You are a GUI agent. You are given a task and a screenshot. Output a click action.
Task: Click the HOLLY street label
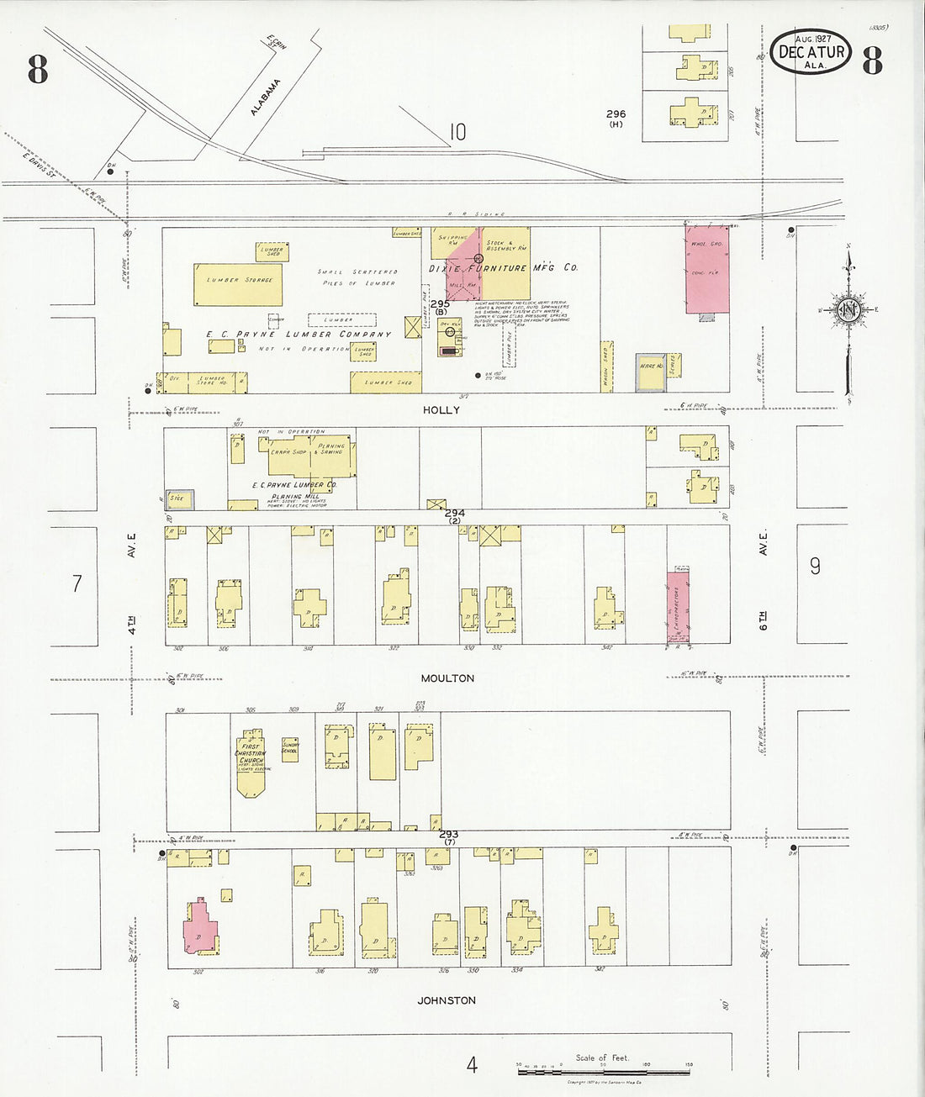click(441, 410)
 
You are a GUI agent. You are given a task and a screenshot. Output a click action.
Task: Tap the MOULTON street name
click(447, 678)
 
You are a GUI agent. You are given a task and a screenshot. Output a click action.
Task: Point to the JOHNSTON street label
click(447, 1000)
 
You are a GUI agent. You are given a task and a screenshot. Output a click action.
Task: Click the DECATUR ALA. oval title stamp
click(811, 51)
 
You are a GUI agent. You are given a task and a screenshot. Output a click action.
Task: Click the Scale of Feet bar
click(602, 1072)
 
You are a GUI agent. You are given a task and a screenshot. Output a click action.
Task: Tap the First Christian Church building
click(251, 763)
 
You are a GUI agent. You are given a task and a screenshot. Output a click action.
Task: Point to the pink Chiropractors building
click(679, 607)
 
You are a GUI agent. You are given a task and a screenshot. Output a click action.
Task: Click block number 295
click(439, 304)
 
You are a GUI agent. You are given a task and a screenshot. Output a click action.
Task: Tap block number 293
click(448, 834)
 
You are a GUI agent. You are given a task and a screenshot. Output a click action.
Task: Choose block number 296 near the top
click(616, 114)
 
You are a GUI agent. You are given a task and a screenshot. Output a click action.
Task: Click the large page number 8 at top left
click(38, 69)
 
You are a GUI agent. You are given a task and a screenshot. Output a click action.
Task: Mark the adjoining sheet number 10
click(457, 132)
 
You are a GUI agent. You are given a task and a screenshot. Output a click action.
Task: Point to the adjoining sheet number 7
click(77, 583)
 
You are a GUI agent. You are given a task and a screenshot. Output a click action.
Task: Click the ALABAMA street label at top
click(265, 98)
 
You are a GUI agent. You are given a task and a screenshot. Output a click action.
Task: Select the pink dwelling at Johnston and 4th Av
click(200, 927)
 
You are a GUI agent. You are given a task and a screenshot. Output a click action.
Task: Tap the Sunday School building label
click(290, 747)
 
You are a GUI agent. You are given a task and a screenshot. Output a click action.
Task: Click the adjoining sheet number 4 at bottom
click(472, 1064)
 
